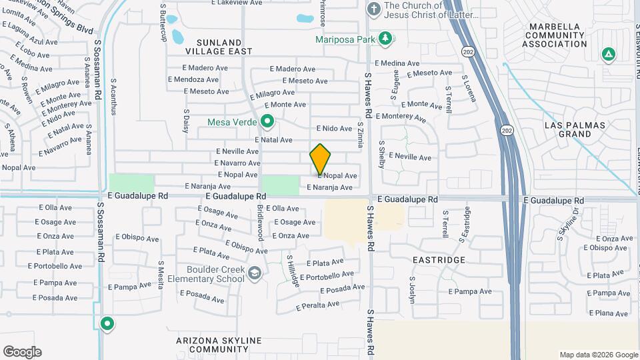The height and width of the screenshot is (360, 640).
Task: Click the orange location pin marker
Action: pyautogui.click(x=320, y=159)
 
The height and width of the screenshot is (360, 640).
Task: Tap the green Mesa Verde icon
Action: pyautogui.click(x=267, y=121)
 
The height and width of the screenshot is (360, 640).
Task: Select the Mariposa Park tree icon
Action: pyautogui.click(x=385, y=38)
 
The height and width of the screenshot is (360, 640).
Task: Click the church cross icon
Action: pyautogui.click(x=374, y=9)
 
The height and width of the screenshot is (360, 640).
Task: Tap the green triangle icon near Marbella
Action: pyautogui.click(x=607, y=53)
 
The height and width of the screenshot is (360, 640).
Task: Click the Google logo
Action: pyautogui.click(x=22, y=351)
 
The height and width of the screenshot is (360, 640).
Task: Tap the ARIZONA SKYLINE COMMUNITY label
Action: pyautogui.click(x=219, y=345)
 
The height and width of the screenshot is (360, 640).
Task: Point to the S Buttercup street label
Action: pyautogui.click(x=163, y=23)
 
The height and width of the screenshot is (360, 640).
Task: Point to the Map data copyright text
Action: pyautogui.click(x=598, y=355)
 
